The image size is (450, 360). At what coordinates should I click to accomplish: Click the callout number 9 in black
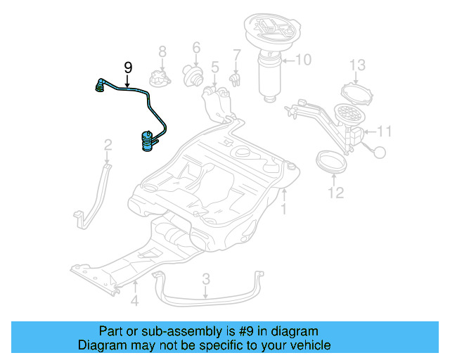128,67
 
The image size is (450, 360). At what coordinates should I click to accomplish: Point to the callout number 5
215,67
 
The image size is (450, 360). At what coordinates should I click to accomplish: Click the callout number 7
237,54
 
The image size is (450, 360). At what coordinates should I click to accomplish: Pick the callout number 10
302,60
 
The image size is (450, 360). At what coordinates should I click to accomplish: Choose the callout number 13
358,65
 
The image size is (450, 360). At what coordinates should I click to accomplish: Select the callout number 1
284,210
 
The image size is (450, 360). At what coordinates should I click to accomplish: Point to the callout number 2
108,145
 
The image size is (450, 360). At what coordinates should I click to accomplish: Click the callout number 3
206,279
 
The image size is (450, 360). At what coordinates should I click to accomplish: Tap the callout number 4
134,303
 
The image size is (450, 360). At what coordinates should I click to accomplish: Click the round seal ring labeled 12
329,161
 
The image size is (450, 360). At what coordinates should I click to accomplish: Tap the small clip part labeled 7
237,77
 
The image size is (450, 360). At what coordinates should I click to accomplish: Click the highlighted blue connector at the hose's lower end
147,140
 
